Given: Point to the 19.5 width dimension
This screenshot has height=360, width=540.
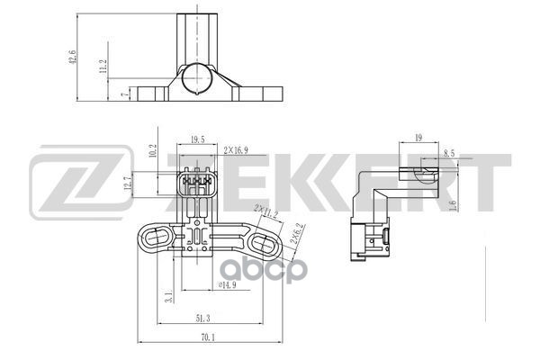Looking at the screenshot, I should (x=197, y=139).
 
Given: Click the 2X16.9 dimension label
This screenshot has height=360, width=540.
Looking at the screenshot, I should (x=238, y=139).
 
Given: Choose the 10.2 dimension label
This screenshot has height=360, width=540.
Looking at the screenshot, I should (x=153, y=152).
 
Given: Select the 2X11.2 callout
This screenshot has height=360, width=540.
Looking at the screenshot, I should (x=265, y=211).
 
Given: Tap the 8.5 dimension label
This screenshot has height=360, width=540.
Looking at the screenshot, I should (x=449, y=154).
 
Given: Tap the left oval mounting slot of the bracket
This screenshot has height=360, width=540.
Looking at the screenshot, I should (x=154, y=238).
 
